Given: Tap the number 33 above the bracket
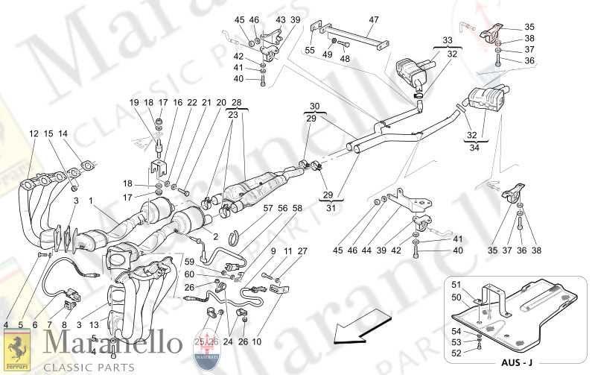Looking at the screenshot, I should coord(447,40).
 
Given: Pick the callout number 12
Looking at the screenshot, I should coord(34,133).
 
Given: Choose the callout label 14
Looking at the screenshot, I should coord(63,133).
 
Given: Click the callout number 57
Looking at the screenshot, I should coord(268,209).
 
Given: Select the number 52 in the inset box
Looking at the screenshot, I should coord(457,353).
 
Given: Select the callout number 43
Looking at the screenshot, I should coord(281,19).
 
